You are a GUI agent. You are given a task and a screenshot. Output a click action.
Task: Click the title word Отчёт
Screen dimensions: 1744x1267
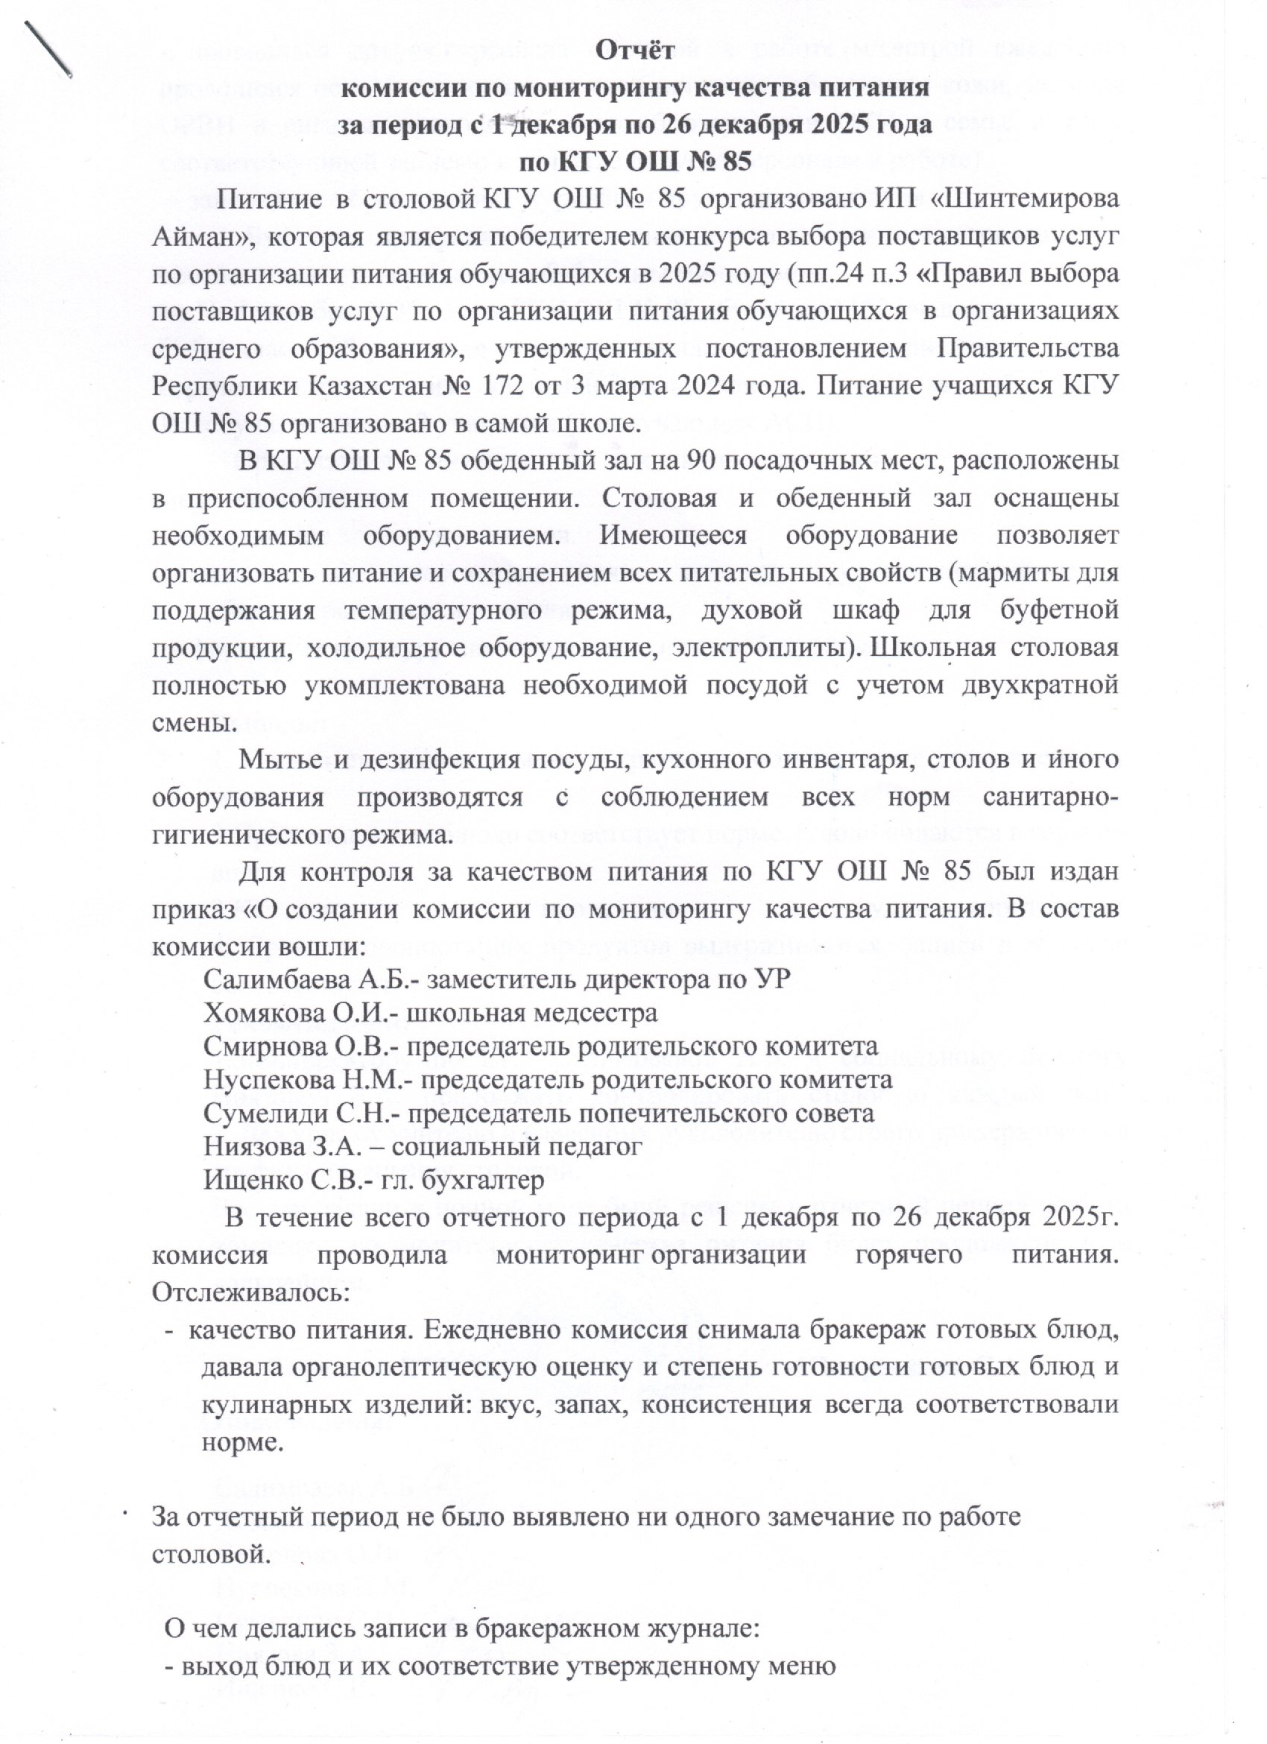point(636,51)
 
